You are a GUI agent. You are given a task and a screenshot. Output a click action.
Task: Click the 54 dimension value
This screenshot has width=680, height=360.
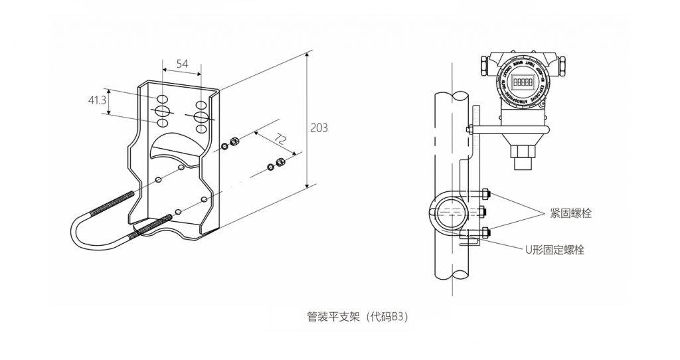pos(181,64)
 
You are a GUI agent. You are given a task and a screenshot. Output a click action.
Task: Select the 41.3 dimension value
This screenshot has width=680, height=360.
pos(97,100)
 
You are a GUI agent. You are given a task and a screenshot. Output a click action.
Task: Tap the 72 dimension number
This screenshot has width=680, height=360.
pos(280,139)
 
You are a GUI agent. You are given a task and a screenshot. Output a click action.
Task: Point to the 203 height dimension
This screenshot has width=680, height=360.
pos(319,128)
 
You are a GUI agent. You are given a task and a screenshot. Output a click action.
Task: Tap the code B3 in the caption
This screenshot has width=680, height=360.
pos(396,317)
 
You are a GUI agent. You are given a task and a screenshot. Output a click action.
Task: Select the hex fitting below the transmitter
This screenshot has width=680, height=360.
pos(521,162)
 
